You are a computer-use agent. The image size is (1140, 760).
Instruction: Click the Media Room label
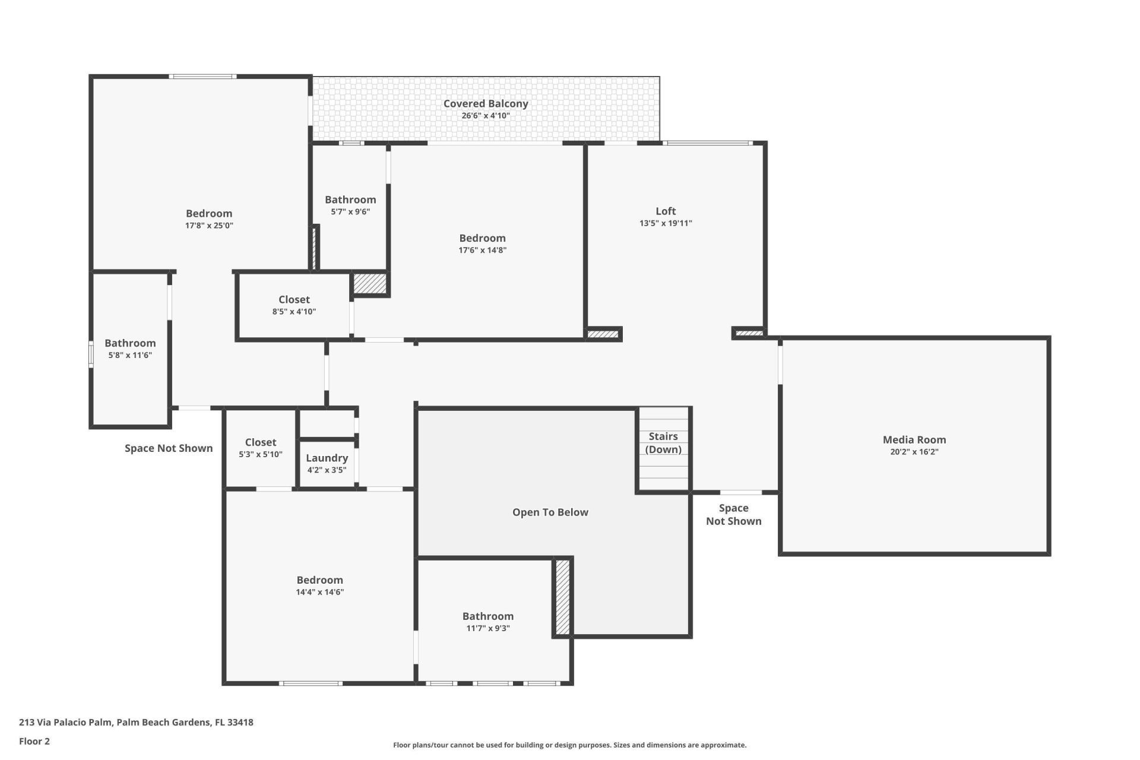914,439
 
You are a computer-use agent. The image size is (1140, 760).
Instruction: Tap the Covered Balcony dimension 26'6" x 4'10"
485,116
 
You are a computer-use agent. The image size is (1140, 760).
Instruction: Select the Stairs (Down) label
663,443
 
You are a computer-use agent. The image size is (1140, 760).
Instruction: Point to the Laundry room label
327,458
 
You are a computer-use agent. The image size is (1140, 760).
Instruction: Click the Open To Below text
550,512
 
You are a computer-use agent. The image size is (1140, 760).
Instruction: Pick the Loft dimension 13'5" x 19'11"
665,223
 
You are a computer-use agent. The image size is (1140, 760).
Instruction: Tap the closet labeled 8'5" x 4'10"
294,305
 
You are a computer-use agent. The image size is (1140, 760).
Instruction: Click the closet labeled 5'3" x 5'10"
260,448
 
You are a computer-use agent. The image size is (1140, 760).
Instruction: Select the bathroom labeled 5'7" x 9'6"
350,205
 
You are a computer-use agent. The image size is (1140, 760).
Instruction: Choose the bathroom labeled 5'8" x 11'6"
130,349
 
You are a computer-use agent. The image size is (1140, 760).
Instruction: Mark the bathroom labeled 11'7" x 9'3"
487,622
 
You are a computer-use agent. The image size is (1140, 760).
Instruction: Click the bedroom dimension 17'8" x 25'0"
209,226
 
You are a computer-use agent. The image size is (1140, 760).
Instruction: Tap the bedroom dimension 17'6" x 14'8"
482,250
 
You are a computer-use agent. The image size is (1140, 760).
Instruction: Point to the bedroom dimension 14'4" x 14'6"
319,592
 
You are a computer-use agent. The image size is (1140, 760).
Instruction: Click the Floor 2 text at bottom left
34,741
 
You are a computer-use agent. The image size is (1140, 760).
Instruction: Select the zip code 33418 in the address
240,723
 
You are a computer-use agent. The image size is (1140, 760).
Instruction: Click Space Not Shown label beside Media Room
733,514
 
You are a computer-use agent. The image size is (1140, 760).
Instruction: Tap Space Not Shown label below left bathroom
169,448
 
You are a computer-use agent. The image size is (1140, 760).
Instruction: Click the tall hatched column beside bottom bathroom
562,597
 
